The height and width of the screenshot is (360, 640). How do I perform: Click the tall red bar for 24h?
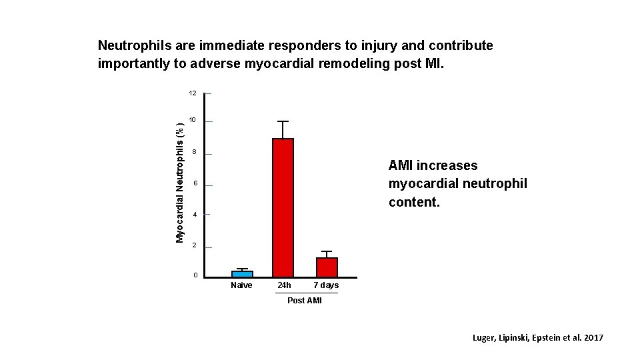click(283, 207)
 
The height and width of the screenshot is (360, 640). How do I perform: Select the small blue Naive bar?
click(242, 273)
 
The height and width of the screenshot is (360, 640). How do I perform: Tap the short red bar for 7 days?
click(327, 267)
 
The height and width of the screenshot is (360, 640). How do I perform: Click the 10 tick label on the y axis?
click(192, 121)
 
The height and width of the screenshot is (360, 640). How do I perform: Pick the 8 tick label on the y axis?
click(194, 153)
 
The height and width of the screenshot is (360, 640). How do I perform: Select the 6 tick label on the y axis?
click(194, 184)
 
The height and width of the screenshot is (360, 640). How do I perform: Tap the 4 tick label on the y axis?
click(194, 215)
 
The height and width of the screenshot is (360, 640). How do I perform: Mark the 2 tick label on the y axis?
click(194, 246)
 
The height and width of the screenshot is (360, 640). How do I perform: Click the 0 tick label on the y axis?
click(194, 276)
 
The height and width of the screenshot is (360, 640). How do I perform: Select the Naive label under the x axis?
click(241, 285)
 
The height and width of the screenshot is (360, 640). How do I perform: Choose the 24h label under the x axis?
click(284, 285)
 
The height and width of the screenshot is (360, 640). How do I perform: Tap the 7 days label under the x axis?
click(326, 285)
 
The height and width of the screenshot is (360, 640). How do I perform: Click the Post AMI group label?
click(304, 301)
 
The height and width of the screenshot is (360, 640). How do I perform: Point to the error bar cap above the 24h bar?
click(283, 121)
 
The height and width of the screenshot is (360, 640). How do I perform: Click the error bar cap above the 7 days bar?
click(327, 251)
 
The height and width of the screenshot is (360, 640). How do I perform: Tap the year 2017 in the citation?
click(592, 338)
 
